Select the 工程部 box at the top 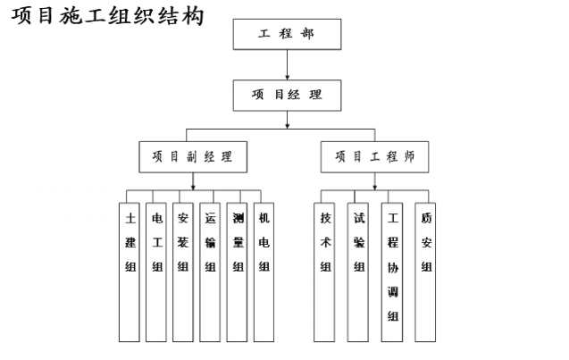click(286, 34)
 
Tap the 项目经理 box click(286, 94)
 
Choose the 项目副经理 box click(192, 156)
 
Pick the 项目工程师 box click(375, 156)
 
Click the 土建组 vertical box click(130, 268)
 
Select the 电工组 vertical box click(156, 268)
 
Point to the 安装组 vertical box click(183, 268)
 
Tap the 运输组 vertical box click(210, 268)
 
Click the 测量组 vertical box click(237, 268)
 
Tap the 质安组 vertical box click(425, 268)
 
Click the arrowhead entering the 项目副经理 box click(192, 138)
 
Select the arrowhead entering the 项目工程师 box click(375, 138)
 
